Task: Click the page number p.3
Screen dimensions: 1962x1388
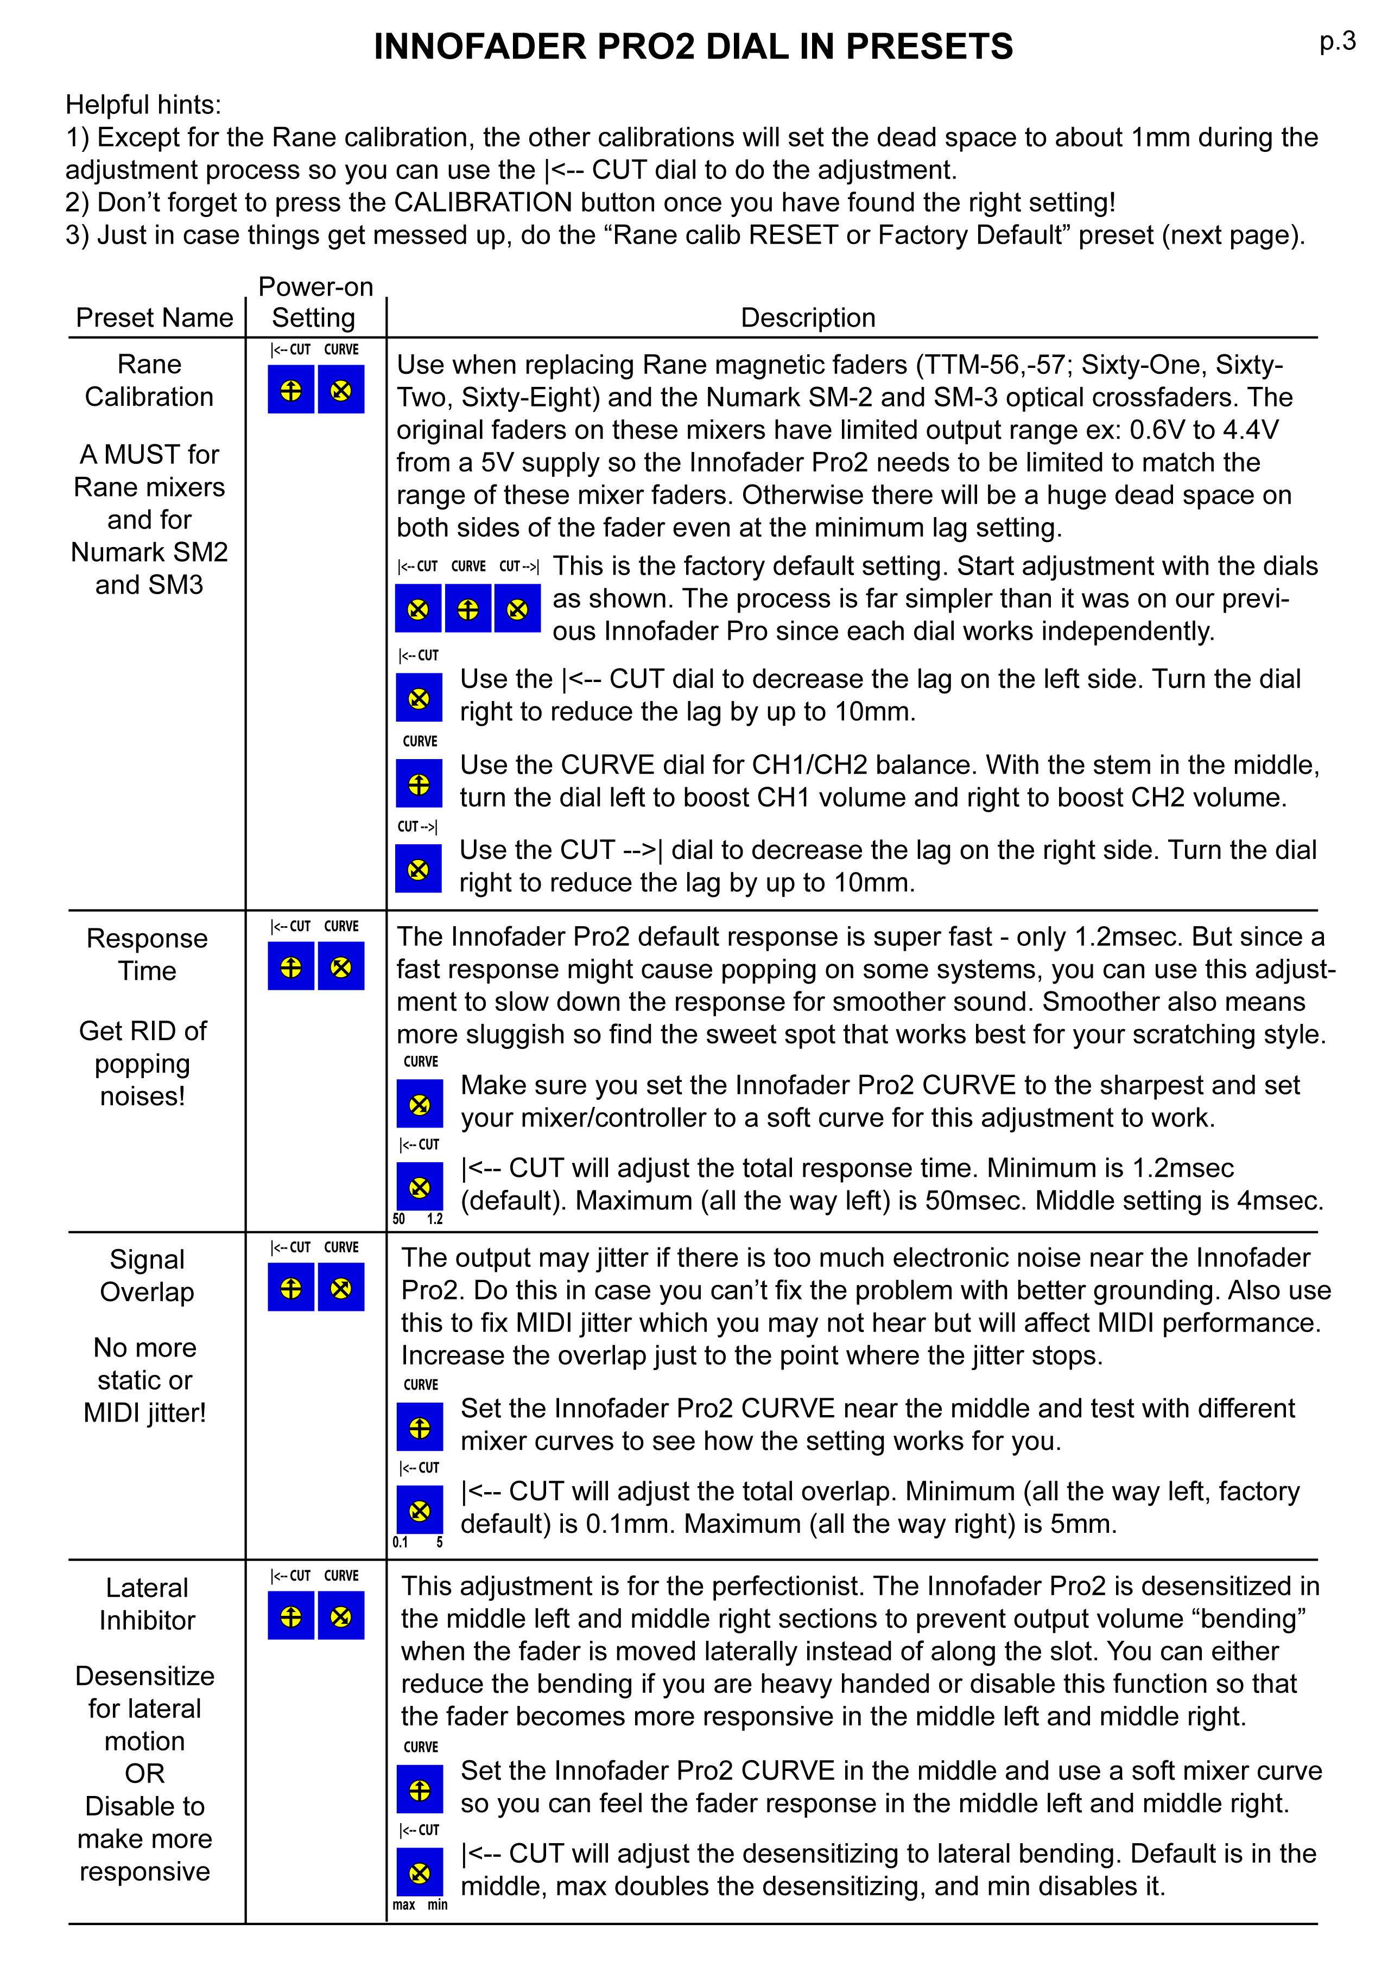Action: pyautogui.click(x=1337, y=41)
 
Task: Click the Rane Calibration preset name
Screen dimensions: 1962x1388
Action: pyautogui.click(x=150, y=380)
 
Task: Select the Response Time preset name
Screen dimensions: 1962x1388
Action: pyautogui.click(x=147, y=954)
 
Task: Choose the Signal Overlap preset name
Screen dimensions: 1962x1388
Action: pyautogui.click(x=147, y=1275)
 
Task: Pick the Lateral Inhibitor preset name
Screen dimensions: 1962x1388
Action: pyautogui.click(x=147, y=1604)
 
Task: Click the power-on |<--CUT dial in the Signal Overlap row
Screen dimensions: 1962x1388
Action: pyautogui.click(x=290, y=1288)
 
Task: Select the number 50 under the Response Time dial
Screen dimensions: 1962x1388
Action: pyautogui.click(x=399, y=1219)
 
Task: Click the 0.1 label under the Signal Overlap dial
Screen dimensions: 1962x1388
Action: pyautogui.click(x=400, y=1543)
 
